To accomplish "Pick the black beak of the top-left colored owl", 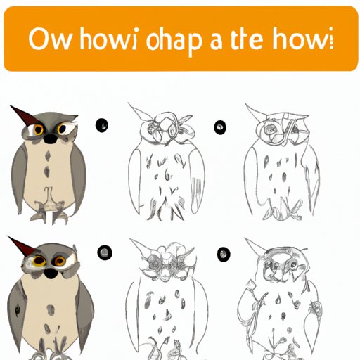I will pos(50,138).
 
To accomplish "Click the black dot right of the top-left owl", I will pos(103,126).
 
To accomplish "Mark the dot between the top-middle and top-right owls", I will pos(221,127).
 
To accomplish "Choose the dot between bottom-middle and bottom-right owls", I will pos(223,252).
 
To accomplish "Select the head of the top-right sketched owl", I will pos(276,127).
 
